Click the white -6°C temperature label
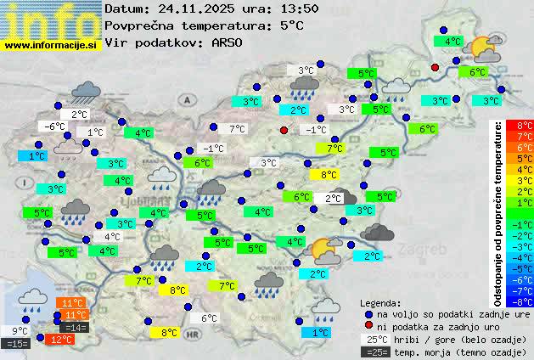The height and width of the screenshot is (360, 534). pos(54,127)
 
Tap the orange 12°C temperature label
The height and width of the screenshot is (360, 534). pos(59,339)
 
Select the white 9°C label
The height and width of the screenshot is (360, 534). pos(20,331)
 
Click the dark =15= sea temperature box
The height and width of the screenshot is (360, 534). pos(16,344)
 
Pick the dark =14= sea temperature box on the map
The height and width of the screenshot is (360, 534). pos(74,327)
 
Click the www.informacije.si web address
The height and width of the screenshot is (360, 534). pos(51,44)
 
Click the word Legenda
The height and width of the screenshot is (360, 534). pos(380,302)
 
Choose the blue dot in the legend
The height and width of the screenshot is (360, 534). pos(368,313)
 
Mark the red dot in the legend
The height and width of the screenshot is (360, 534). pos(368,325)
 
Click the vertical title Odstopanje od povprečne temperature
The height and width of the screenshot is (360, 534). pos(498,212)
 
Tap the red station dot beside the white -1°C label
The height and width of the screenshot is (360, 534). pos(284,130)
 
